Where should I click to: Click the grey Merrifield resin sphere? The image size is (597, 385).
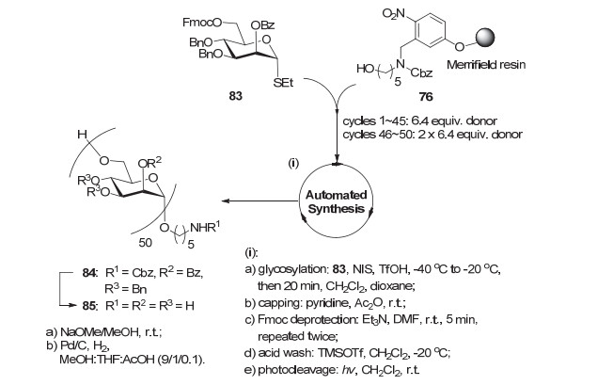pyautogui.click(x=483, y=38)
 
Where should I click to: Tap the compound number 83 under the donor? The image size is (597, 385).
pyautogui.click(x=236, y=96)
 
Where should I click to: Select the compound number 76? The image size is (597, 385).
pyautogui.click(x=426, y=97)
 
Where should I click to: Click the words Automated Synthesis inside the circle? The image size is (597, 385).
pyautogui.click(x=337, y=201)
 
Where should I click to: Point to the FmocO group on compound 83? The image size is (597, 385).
pyautogui.click(x=202, y=23)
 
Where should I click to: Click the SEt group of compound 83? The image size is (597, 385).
pyautogui.click(x=283, y=82)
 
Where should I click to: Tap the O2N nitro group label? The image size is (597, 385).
pyautogui.click(x=394, y=14)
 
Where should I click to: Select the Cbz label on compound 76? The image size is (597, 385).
pyautogui.click(x=421, y=72)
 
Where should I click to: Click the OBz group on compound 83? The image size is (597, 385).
pyautogui.click(x=262, y=25)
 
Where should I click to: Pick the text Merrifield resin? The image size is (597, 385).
pyautogui.click(x=486, y=64)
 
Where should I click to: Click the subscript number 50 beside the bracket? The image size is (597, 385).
pyautogui.click(x=145, y=243)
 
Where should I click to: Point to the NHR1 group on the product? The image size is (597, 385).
pyautogui.click(x=205, y=227)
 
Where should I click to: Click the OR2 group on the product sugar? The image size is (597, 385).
pyautogui.click(x=149, y=163)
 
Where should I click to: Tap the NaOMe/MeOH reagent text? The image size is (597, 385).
pyautogui.click(x=98, y=332)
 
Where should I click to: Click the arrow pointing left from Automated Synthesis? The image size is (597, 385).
pyautogui.click(x=260, y=201)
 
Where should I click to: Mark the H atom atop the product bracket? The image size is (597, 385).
pyautogui.click(x=82, y=135)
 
